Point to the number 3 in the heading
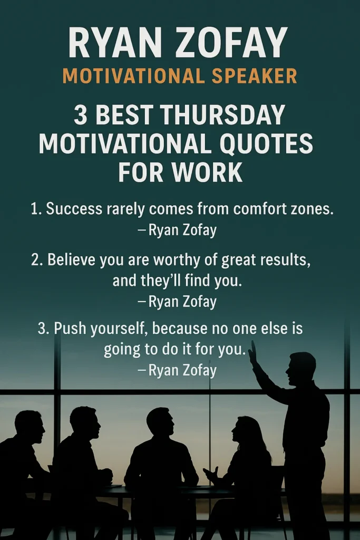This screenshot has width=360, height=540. pyautogui.click(x=80, y=115)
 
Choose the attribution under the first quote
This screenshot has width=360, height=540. pyautogui.click(x=178, y=230)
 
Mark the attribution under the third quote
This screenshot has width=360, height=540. pyautogui.click(x=178, y=370)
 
